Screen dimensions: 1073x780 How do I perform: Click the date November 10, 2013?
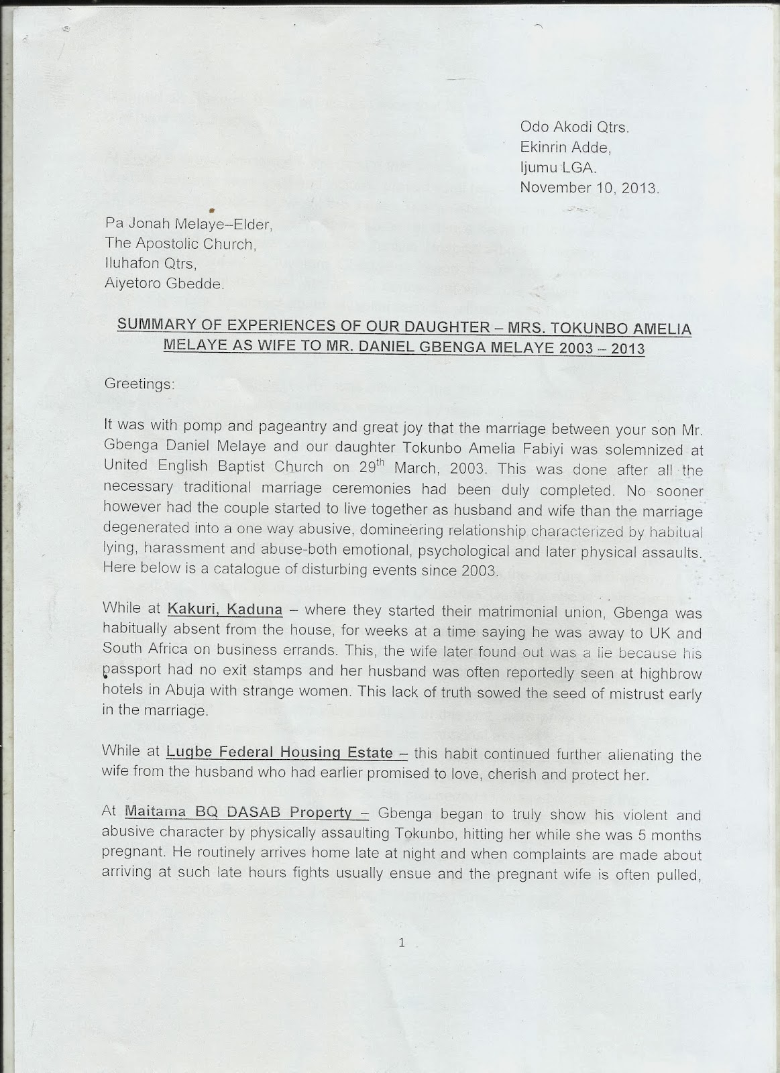(x=590, y=188)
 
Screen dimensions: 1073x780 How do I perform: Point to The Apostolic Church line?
(x=180, y=245)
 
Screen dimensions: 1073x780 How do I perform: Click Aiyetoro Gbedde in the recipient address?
(x=163, y=284)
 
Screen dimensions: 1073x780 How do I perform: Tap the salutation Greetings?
(x=140, y=384)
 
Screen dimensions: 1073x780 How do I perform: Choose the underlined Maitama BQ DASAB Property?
(x=238, y=813)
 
